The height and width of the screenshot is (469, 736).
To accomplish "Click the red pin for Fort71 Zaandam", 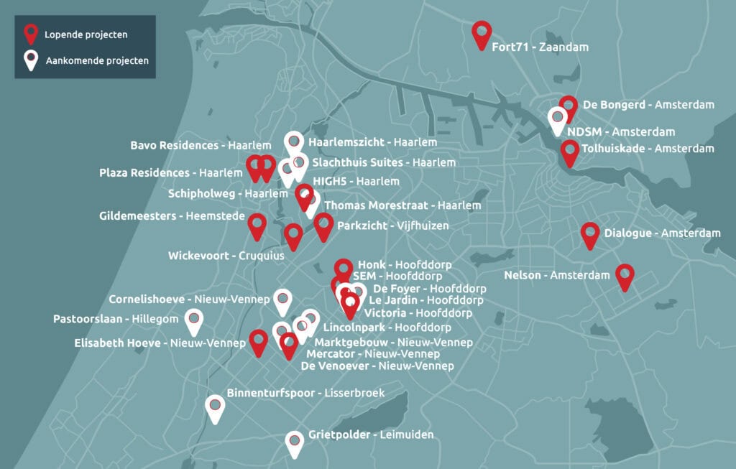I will coord(481,32).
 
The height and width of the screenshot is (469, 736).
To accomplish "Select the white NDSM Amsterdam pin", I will coord(557,119).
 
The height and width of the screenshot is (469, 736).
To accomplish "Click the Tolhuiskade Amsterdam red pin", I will coord(570,151).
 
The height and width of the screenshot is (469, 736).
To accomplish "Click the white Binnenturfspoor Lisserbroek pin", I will coord(214,407).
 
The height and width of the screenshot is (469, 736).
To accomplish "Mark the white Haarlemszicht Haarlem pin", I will coord(293,142).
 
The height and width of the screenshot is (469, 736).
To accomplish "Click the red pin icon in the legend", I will coord(31,33).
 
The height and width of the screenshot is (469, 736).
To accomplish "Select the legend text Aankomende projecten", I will coord(97,61).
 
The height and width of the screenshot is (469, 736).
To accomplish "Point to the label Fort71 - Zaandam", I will coord(540,47).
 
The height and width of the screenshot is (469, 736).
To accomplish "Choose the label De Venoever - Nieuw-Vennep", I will coord(377,366).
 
